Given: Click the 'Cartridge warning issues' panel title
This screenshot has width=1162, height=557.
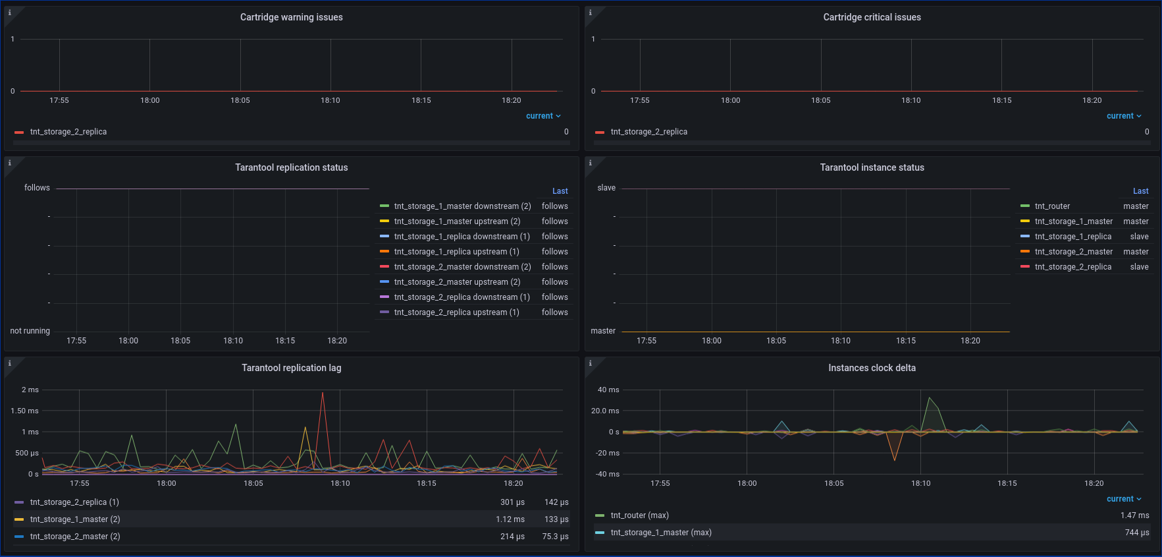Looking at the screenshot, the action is click(291, 17).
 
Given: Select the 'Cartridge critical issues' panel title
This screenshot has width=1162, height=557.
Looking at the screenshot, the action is click(872, 17).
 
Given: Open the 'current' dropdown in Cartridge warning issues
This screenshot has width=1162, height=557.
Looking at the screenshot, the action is click(543, 116).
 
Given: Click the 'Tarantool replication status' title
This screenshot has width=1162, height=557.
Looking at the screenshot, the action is click(291, 167).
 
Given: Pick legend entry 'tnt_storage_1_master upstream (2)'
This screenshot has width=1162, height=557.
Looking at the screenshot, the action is click(457, 221).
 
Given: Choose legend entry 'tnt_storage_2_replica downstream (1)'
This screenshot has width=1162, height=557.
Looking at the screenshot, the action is click(462, 297).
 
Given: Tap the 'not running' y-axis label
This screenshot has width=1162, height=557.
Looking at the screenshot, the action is click(30, 331).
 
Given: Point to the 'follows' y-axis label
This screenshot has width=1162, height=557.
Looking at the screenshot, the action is click(37, 188).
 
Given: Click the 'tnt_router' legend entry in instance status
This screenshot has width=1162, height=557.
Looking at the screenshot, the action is click(1052, 206).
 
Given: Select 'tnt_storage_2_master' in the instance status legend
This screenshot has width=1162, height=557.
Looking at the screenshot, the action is click(1073, 252).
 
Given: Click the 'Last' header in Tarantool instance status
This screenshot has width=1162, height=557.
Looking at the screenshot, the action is click(1140, 191).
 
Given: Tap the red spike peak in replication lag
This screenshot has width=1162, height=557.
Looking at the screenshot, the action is click(323, 394).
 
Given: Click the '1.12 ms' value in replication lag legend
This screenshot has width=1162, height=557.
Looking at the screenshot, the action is click(510, 519).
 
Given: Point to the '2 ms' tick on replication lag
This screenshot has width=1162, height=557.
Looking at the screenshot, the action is click(30, 390).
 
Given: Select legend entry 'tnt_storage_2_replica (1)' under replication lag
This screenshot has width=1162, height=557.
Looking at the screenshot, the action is click(74, 502).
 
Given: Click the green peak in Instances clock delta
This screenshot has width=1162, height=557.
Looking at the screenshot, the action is click(929, 398).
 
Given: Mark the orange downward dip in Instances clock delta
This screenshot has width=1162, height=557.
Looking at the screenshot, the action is click(894, 459).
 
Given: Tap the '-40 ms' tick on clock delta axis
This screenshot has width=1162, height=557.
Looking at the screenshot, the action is click(608, 474).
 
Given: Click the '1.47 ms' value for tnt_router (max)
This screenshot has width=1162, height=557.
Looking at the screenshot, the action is click(1135, 515).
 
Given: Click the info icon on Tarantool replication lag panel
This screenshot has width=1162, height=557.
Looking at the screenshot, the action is click(9, 363).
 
